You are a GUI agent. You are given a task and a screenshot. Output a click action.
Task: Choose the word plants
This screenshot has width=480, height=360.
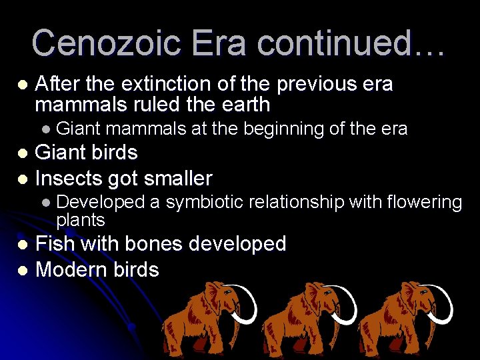tap(81, 220)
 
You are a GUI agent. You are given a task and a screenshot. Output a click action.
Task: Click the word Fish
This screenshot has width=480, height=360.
tap(55, 244)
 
